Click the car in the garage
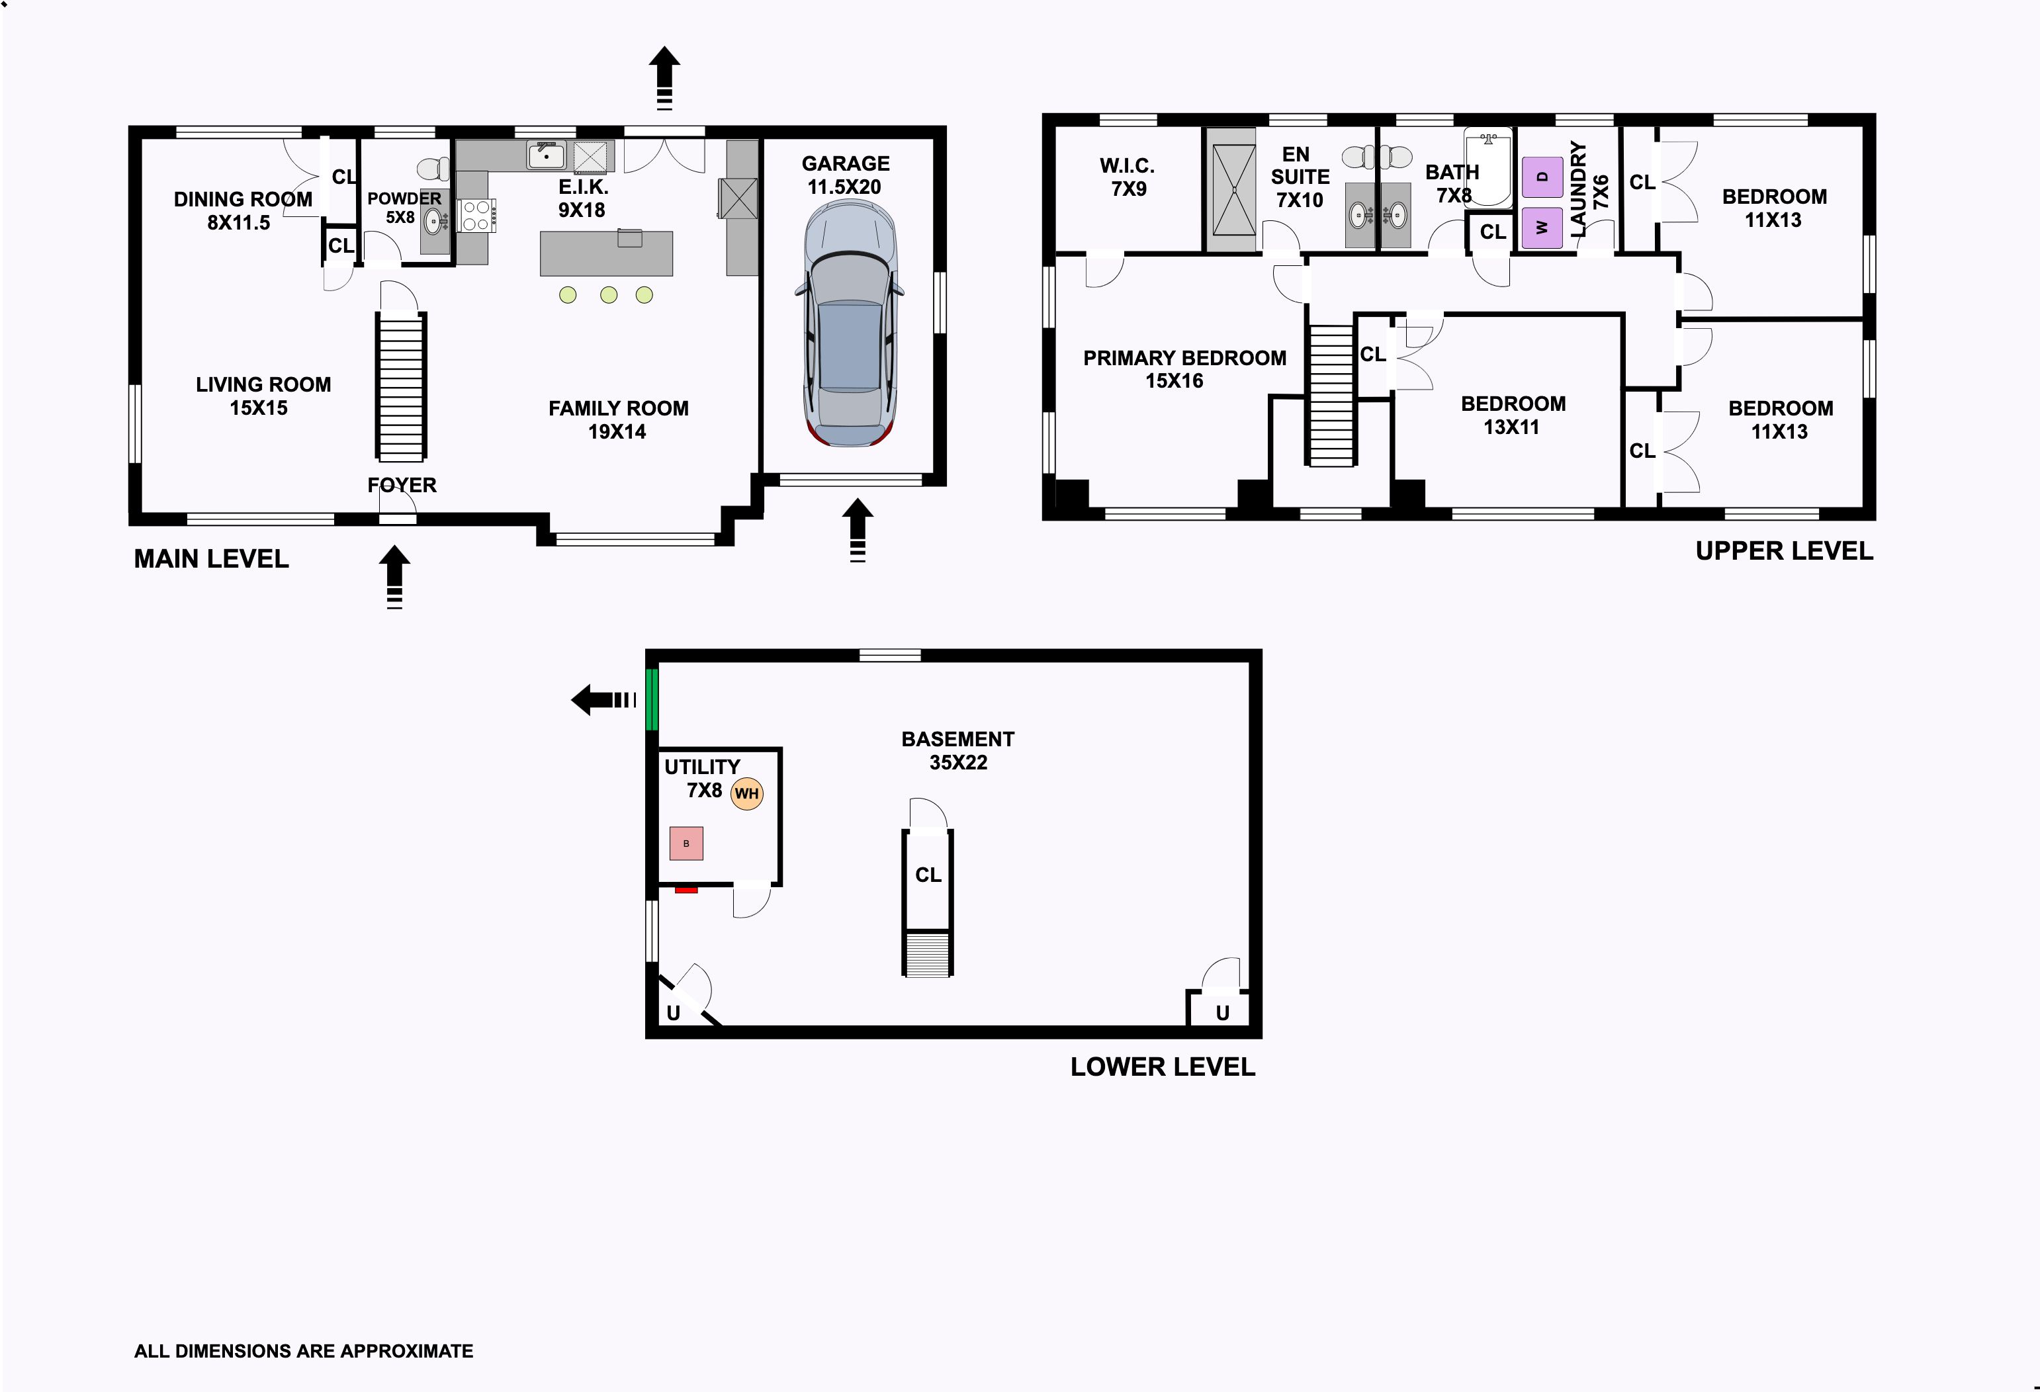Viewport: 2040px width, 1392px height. coord(849,323)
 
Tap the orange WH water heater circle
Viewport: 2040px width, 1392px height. coord(746,793)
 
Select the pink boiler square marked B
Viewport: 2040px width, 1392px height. coord(686,844)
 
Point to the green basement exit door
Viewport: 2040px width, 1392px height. coord(651,699)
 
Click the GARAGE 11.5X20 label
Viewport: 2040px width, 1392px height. coord(846,175)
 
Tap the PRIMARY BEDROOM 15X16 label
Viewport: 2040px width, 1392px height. coord(1184,369)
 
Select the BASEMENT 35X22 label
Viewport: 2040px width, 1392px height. coord(957,750)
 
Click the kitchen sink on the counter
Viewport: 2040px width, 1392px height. coord(546,156)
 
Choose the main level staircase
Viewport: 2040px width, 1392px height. coord(401,386)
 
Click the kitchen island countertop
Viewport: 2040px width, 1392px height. coord(607,253)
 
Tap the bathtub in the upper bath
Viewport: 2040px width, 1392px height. coord(1488,167)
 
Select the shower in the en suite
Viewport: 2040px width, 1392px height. coord(1233,190)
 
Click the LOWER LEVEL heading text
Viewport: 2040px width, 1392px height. coord(1162,1067)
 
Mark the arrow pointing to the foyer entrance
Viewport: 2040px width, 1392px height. coord(395,577)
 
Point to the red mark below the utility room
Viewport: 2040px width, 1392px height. coord(686,890)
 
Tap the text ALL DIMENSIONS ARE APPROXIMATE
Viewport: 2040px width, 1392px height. coord(304,1351)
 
